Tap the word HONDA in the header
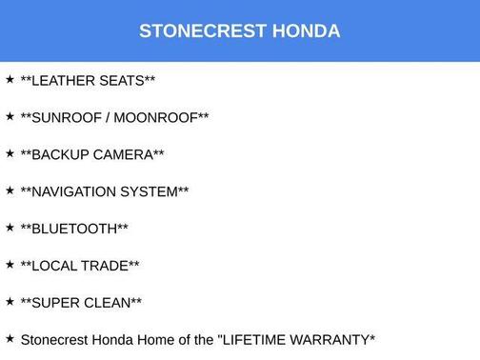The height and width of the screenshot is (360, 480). click(x=306, y=31)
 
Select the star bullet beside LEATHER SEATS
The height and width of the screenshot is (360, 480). click(x=10, y=79)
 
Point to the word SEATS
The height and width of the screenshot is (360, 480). click(x=124, y=81)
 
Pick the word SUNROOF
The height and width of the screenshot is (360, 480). click(x=68, y=118)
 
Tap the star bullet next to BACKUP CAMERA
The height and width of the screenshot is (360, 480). click(x=10, y=153)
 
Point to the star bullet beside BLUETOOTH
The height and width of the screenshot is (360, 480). click(x=10, y=228)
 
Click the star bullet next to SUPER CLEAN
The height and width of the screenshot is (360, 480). click(x=10, y=302)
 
